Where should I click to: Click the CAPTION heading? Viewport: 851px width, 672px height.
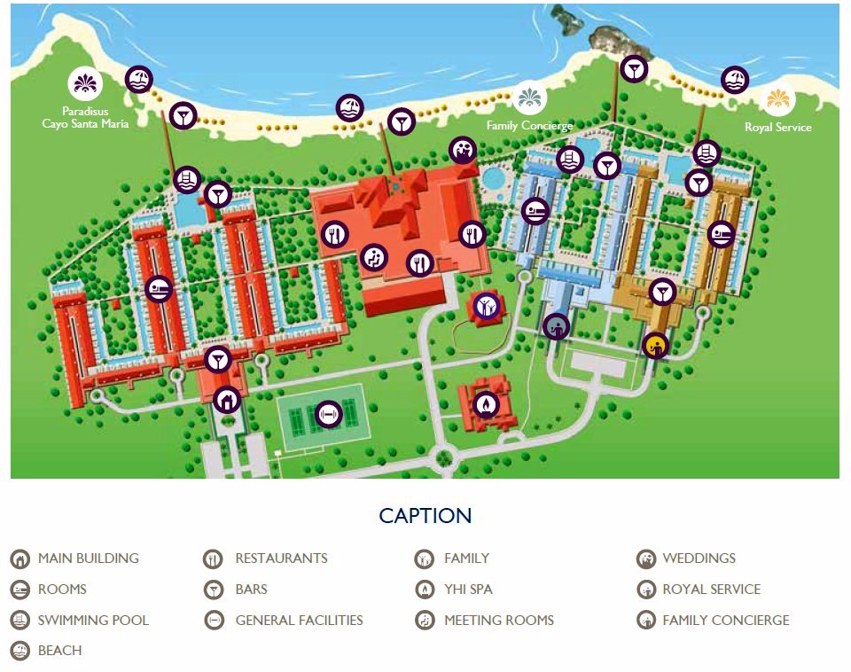click(x=425, y=516)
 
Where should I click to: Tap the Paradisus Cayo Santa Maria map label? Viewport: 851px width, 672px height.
click(x=85, y=118)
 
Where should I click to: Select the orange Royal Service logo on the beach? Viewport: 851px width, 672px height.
click(x=777, y=98)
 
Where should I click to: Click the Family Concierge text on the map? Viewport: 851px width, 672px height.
click(x=529, y=126)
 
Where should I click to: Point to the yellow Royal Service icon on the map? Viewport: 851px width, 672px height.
click(x=655, y=344)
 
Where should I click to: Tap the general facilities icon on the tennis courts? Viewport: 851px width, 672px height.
click(x=328, y=413)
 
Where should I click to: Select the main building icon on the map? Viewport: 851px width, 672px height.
click(x=227, y=400)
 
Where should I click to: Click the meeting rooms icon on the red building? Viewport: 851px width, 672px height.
click(x=375, y=258)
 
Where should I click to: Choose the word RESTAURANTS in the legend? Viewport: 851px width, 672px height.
click(x=281, y=559)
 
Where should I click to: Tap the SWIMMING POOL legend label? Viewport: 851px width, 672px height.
click(x=93, y=620)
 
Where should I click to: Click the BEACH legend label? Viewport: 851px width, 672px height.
click(x=59, y=650)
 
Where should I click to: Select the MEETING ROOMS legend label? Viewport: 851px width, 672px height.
click(x=498, y=620)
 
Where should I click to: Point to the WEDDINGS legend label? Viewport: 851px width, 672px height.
click(x=699, y=559)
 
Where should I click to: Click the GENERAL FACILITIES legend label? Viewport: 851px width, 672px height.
click(x=299, y=620)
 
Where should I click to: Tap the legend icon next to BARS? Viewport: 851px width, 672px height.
click(x=214, y=590)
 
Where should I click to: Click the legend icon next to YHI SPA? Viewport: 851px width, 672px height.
click(x=424, y=590)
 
